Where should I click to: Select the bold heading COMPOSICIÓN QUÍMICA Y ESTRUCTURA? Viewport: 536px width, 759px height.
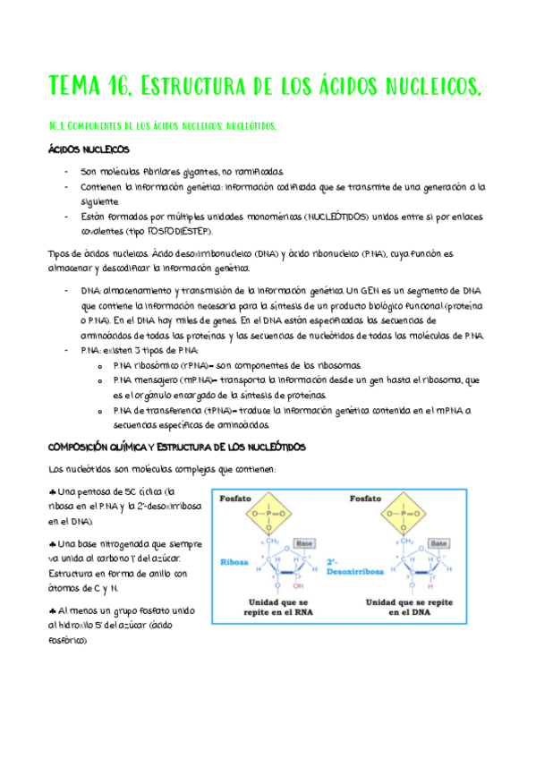tap(176, 446)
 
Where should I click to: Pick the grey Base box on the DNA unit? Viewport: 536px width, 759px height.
tap(438, 543)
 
